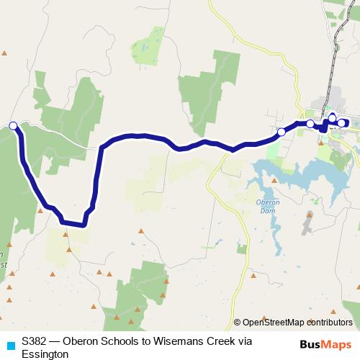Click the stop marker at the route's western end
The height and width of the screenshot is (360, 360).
(13, 126)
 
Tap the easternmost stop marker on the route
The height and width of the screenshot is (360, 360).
(341, 123)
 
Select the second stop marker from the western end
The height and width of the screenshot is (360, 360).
(281, 132)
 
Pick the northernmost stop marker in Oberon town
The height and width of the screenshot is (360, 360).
(332, 117)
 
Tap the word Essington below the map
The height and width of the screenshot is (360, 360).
(45, 354)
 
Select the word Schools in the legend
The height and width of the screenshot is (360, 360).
(127, 341)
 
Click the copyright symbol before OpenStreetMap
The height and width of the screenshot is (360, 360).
(238, 323)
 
